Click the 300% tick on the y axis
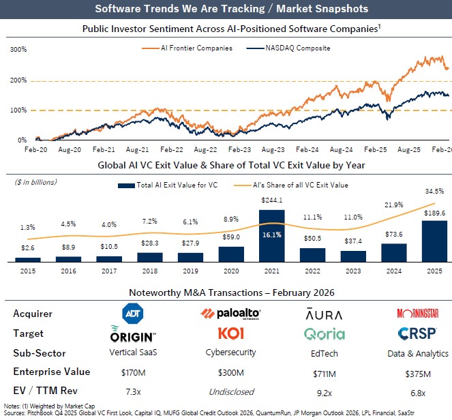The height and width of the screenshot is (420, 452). pos(18,50)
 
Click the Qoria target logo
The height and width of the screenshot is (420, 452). pos(324,334)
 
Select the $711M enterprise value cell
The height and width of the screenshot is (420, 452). pos(324,373)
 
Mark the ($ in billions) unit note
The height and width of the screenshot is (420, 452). pos(36,182)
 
